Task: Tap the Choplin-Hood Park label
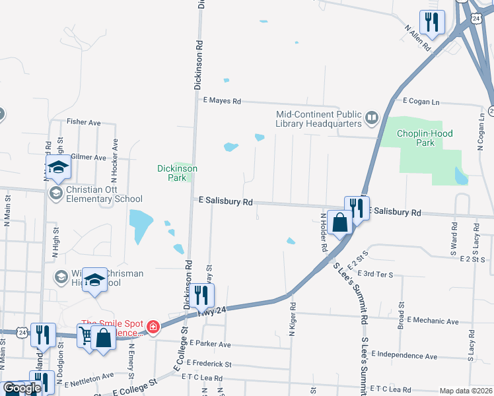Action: (425, 137)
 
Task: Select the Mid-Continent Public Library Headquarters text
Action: (318, 118)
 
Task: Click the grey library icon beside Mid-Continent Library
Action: (372, 119)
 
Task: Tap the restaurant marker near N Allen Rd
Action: (432, 22)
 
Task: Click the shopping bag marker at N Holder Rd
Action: (340, 222)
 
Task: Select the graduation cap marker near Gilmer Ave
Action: (59, 168)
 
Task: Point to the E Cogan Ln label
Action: (421, 102)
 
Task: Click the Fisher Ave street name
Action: (83, 122)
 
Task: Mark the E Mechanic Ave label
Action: (433, 321)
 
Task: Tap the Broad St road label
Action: (401, 316)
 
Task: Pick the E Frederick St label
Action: (209, 363)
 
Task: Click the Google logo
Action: (22, 388)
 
